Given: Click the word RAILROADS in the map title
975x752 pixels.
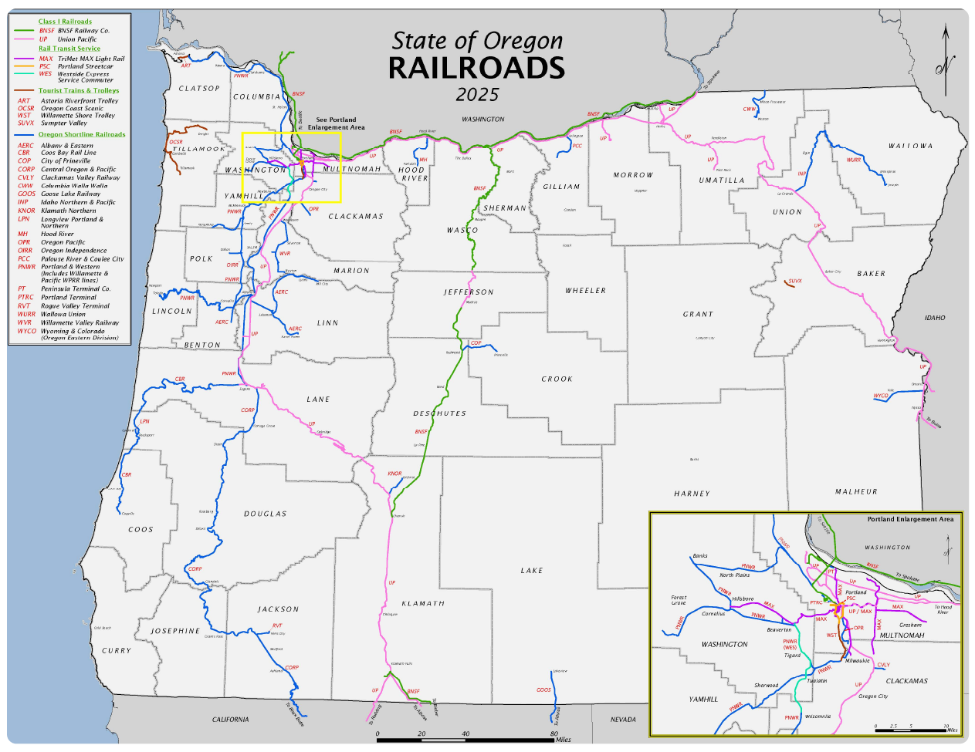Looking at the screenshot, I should [476, 69].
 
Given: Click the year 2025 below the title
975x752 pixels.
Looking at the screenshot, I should [477, 95].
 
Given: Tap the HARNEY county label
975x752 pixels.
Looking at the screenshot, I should [691, 494].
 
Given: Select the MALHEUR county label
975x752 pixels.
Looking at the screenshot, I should [856, 491].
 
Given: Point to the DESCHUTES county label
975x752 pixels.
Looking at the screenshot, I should [439, 413].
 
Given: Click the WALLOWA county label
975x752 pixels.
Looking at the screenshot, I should [910, 146].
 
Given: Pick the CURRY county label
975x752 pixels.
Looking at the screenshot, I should [117, 651].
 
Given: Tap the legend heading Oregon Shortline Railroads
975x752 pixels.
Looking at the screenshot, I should [82, 134].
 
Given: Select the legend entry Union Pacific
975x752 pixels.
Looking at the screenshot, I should [77, 39].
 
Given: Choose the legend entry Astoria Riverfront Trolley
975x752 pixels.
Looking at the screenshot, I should [80, 101].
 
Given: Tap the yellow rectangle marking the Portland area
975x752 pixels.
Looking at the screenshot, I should [291, 133].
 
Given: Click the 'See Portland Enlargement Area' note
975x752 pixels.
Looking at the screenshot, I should [337, 123].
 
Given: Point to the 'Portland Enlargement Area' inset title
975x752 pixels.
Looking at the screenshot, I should [910, 519].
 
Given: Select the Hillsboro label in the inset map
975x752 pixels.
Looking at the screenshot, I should [743, 599].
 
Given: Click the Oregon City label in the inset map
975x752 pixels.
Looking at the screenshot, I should [873, 696].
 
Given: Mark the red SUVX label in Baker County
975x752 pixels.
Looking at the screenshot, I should [795, 282].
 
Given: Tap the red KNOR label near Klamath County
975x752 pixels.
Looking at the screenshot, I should [394, 474].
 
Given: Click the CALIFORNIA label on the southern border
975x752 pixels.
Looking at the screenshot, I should [230, 720].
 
